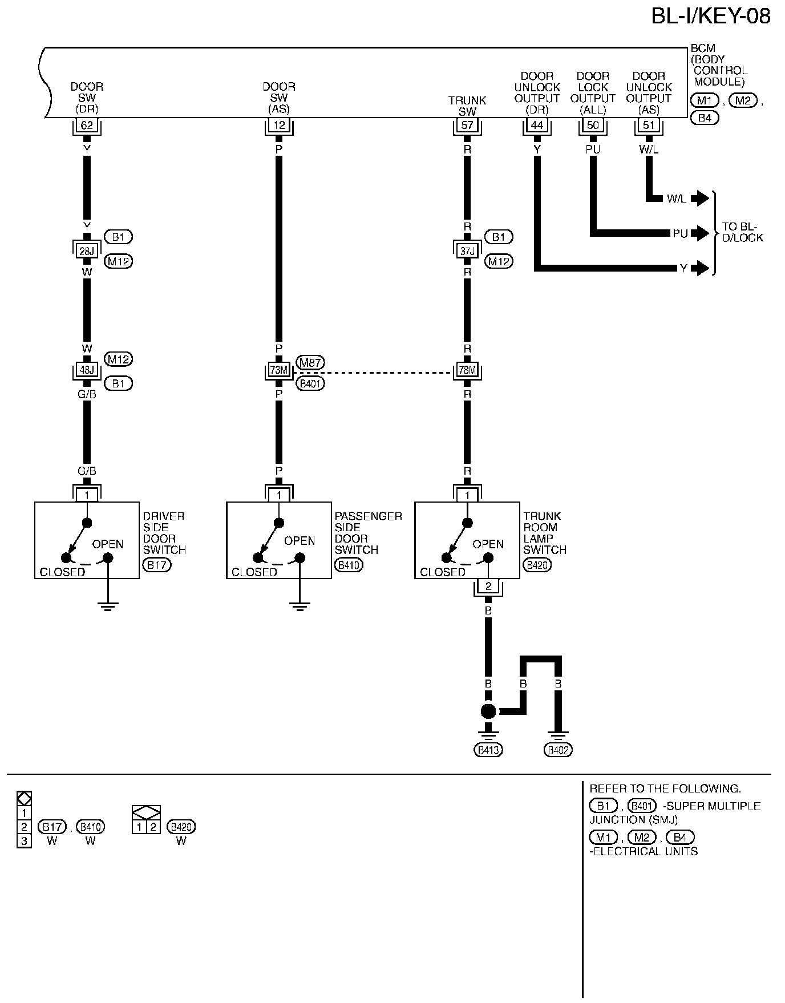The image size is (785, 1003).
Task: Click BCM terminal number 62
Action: [87, 125]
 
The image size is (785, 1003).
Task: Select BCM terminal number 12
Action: [279, 125]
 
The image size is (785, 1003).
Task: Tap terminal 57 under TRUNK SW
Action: [467, 125]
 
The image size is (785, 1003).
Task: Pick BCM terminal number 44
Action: [537, 125]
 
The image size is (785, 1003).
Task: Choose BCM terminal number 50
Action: [593, 125]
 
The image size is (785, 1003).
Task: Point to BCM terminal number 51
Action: [649, 125]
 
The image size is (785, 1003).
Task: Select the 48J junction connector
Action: [87, 370]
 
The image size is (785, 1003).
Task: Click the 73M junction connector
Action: [279, 370]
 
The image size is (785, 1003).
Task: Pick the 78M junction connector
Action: [467, 370]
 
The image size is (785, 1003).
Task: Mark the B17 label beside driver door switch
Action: [156, 565]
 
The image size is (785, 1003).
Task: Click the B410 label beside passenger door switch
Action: [349, 565]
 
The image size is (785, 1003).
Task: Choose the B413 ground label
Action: [488, 750]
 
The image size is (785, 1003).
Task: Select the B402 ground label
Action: [558, 750]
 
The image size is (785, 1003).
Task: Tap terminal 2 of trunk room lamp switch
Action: [488, 587]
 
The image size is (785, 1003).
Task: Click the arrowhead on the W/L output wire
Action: [702, 199]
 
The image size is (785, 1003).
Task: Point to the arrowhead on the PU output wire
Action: [702, 233]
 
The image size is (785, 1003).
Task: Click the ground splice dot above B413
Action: [488, 711]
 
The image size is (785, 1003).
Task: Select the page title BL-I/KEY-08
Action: [711, 16]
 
